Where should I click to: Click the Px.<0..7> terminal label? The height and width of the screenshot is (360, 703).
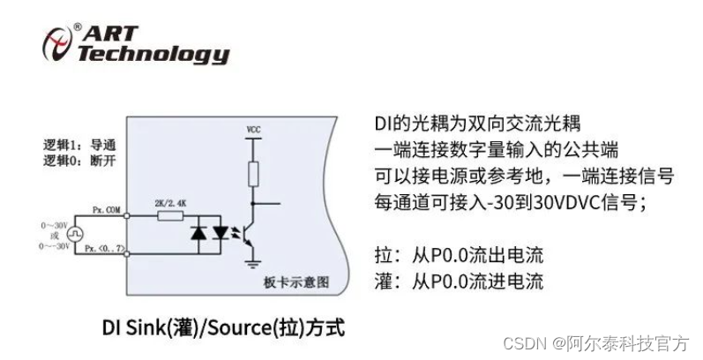pos(107,250)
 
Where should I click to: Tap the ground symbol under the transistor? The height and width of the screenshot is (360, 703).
pos(253,262)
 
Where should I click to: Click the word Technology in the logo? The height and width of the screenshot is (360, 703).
pos(153,55)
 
